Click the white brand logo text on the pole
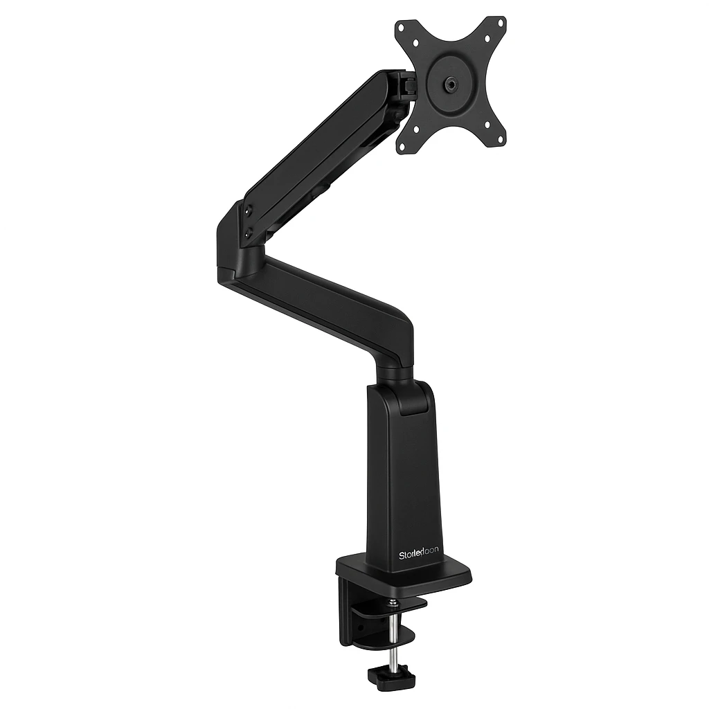423,555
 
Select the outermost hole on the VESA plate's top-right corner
499,23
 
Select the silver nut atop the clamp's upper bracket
393,606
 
